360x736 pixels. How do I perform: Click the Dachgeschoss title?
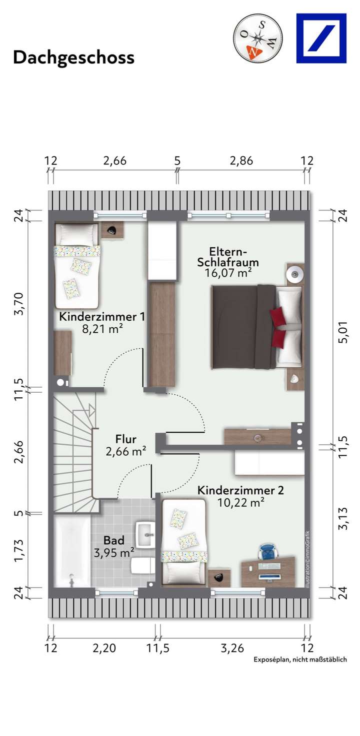coord(73,57)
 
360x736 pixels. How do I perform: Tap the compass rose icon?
coord(257,38)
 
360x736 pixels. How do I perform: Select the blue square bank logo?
coord(321,38)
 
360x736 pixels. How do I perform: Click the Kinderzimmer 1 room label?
coord(102,317)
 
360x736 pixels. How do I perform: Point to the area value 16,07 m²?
coord(227,273)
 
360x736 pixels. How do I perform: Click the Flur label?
coord(126,439)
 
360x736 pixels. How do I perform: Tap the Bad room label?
coord(114,540)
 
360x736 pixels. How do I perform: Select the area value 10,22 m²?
coord(241,503)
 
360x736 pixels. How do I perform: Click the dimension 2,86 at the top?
coord(241,161)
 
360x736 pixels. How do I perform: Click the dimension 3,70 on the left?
coord(19,304)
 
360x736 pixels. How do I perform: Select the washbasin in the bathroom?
coord(147,535)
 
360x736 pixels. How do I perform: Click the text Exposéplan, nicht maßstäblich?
coord(300,660)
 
